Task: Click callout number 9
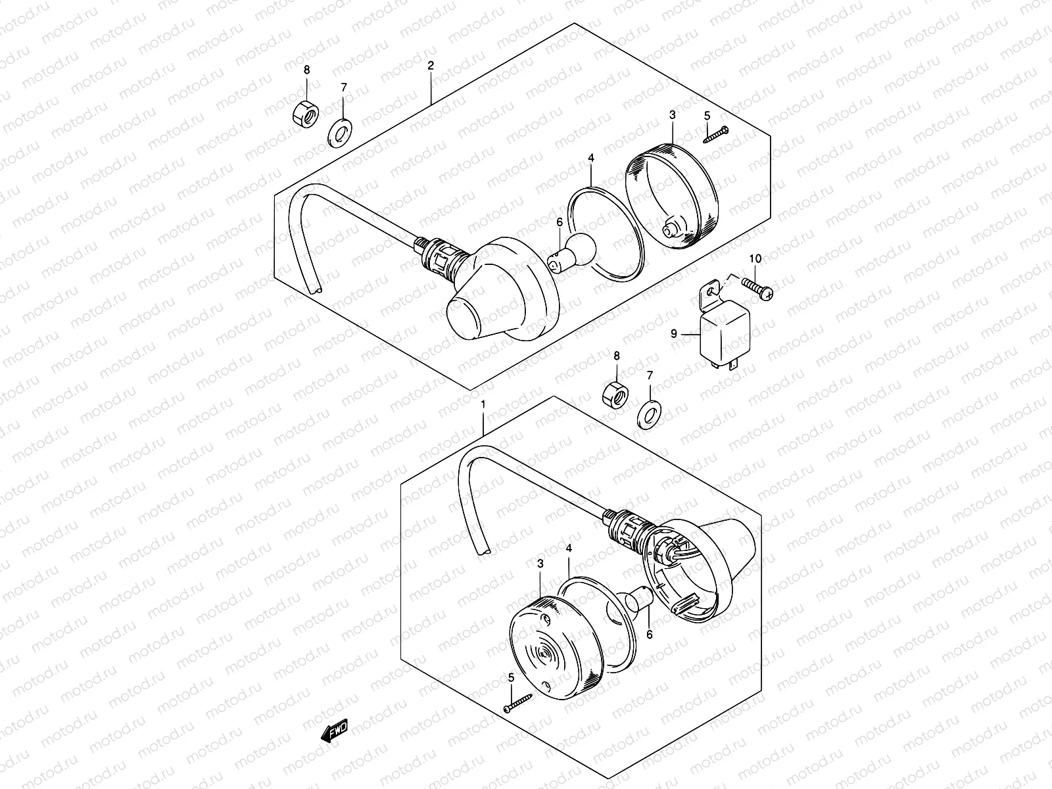click(674, 334)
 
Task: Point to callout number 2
click(431, 66)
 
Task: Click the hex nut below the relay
click(615, 394)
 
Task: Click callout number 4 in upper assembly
click(591, 158)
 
